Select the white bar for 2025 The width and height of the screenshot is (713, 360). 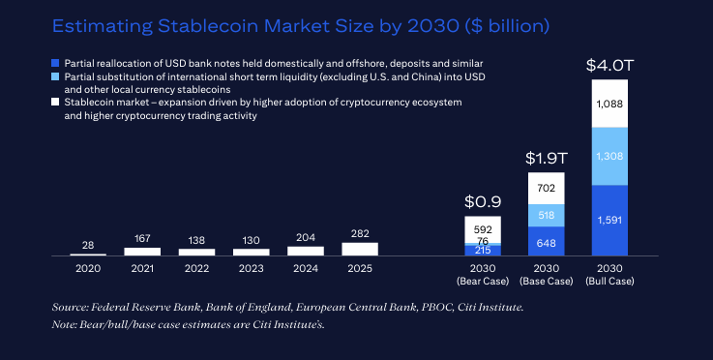pyautogui.click(x=359, y=249)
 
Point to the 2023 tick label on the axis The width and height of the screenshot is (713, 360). pyautogui.click(x=251, y=266)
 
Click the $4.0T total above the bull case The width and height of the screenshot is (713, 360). pyautogui.click(x=610, y=66)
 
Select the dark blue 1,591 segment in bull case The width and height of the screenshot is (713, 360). pyautogui.click(x=610, y=220)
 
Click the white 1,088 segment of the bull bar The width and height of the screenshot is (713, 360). pyautogui.click(x=610, y=104)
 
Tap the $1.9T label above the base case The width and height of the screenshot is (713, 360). pyautogui.click(x=546, y=158)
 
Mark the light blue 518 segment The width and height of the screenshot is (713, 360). pyautogui.click(x=546, y=215)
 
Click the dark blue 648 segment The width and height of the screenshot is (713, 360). pyautogui.click(x=546, y=241)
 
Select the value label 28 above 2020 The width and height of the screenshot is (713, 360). pyautogui.click(x=88, y=244)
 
